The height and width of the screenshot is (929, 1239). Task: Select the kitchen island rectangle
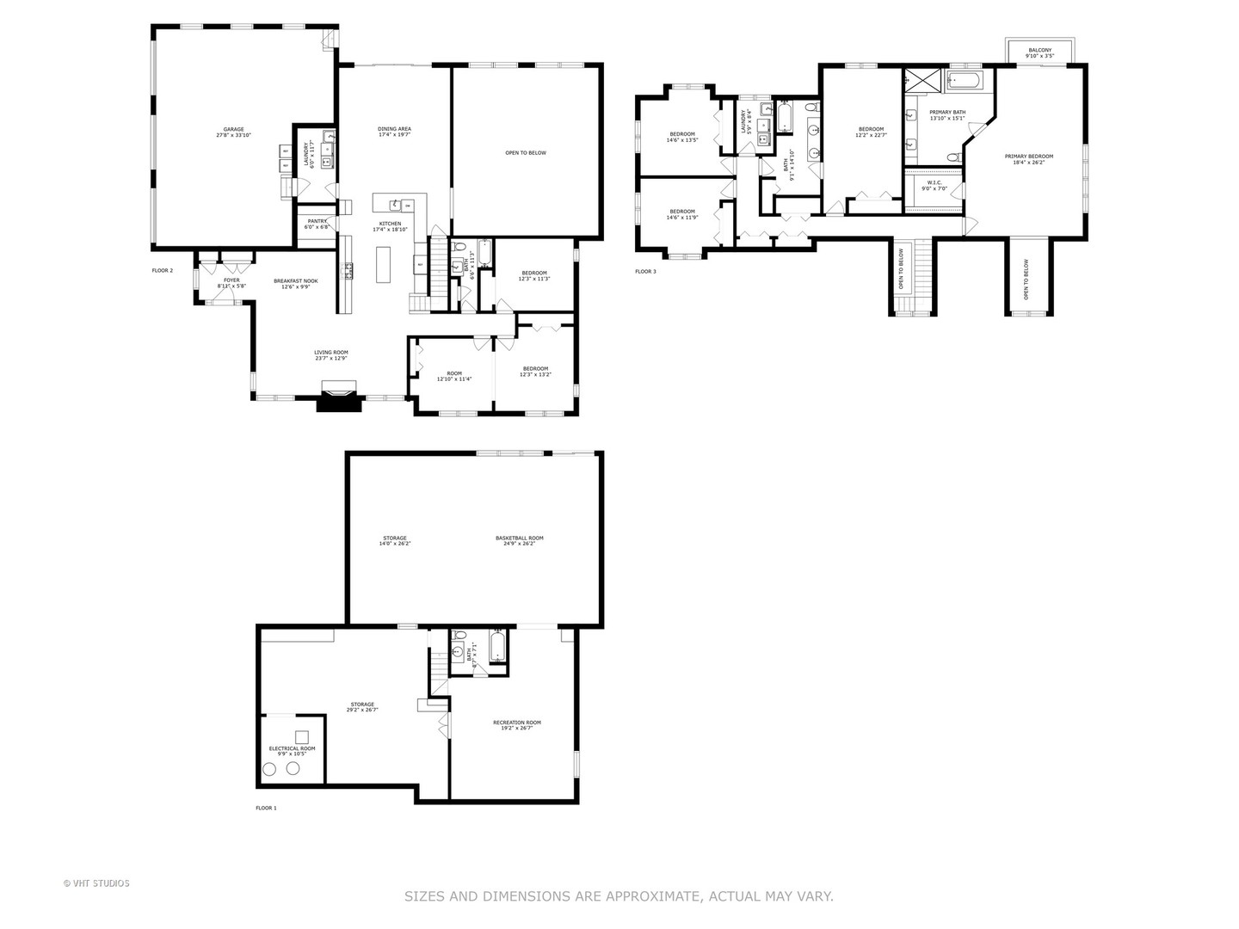[x=383, y=265]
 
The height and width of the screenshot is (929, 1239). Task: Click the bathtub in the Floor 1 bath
[x=497, y=647]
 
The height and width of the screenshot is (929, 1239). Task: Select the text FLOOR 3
[x=645, y=272]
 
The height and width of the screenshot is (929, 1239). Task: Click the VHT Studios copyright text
[x=96, y=883]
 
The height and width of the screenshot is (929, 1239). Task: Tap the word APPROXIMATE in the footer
[x=654, y=896]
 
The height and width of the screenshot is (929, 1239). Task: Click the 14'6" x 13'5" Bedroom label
[x=681, y=136]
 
